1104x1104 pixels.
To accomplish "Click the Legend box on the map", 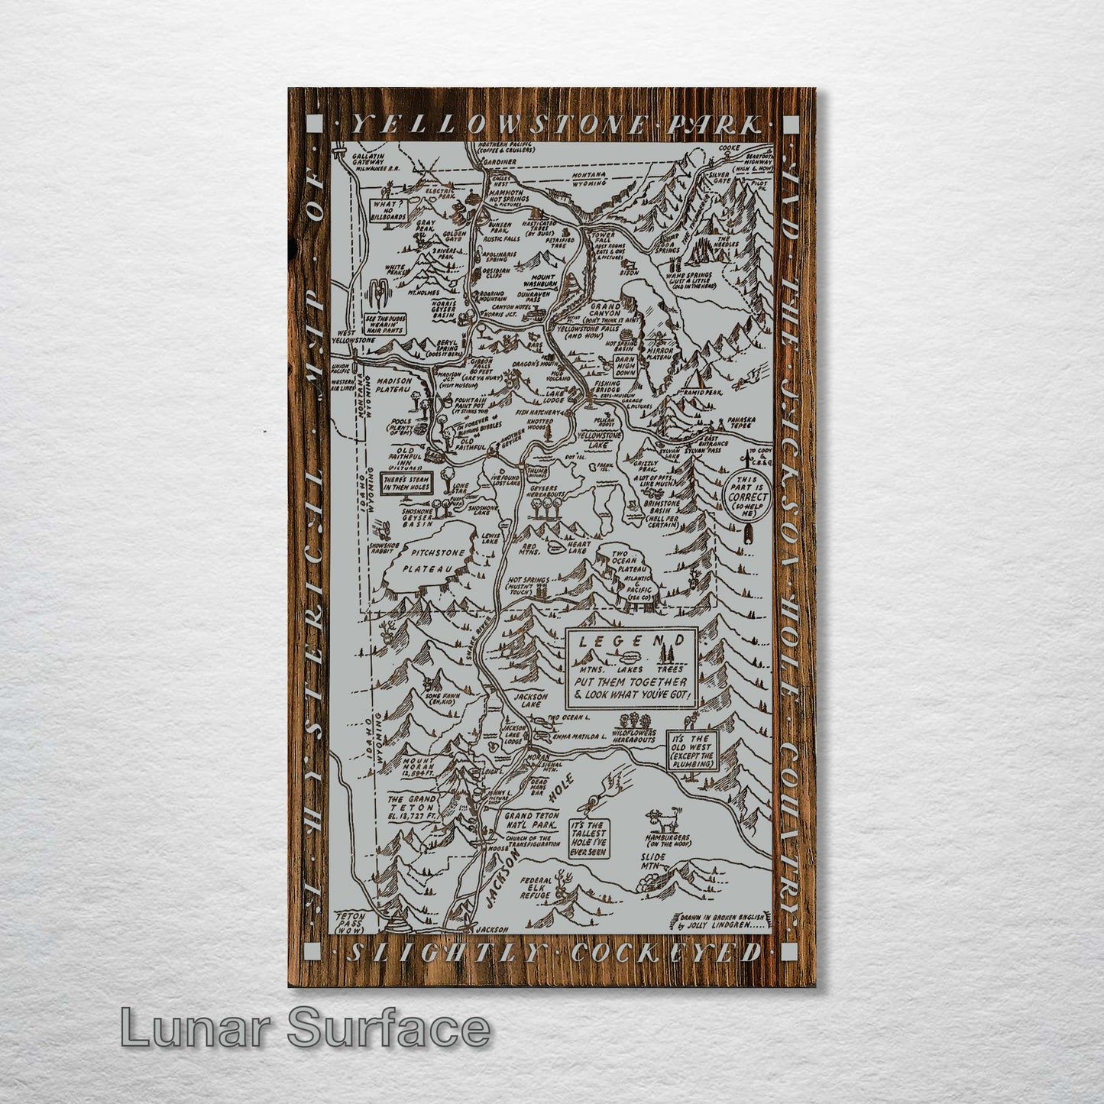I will pos(630,668).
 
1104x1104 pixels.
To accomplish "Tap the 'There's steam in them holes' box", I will pos(406,483).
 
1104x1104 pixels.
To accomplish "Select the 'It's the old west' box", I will pos(691,749).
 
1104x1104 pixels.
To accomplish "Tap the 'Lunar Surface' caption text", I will pos(304,1028).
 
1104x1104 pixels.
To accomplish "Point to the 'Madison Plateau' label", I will pos(404,385).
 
